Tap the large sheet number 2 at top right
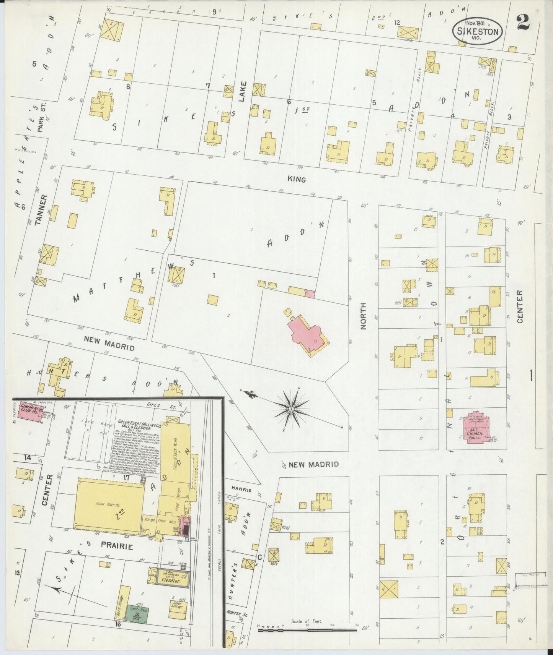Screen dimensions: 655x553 click(523, 23)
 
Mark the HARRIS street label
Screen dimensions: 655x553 click(241, 490)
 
